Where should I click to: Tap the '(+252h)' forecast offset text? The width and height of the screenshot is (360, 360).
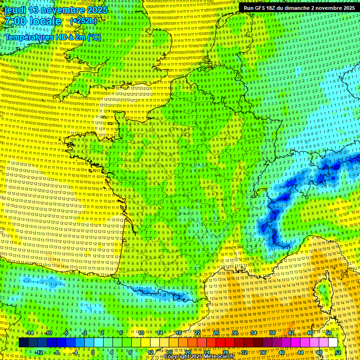pos(83,21)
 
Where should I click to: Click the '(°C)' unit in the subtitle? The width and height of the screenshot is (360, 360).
pos(94,37)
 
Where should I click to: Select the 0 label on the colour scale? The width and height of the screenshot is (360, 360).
pos(93,352)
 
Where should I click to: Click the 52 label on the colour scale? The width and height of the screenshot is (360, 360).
pos(338,352)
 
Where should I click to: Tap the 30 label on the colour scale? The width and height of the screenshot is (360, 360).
pos(234,333)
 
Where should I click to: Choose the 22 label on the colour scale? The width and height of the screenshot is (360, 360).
pos(197,333)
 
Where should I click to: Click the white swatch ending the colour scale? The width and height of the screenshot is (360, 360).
pos(333,343)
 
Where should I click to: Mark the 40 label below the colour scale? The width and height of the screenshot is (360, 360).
pos(281,352)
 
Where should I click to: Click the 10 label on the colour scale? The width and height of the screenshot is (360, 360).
pos(141,333)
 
